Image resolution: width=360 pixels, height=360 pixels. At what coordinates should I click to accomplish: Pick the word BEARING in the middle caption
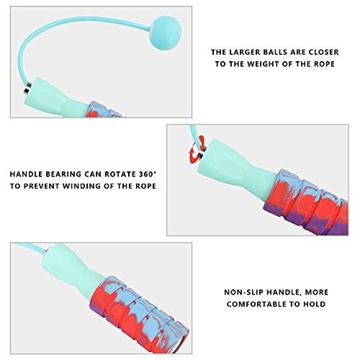click(x=69, y=174)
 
